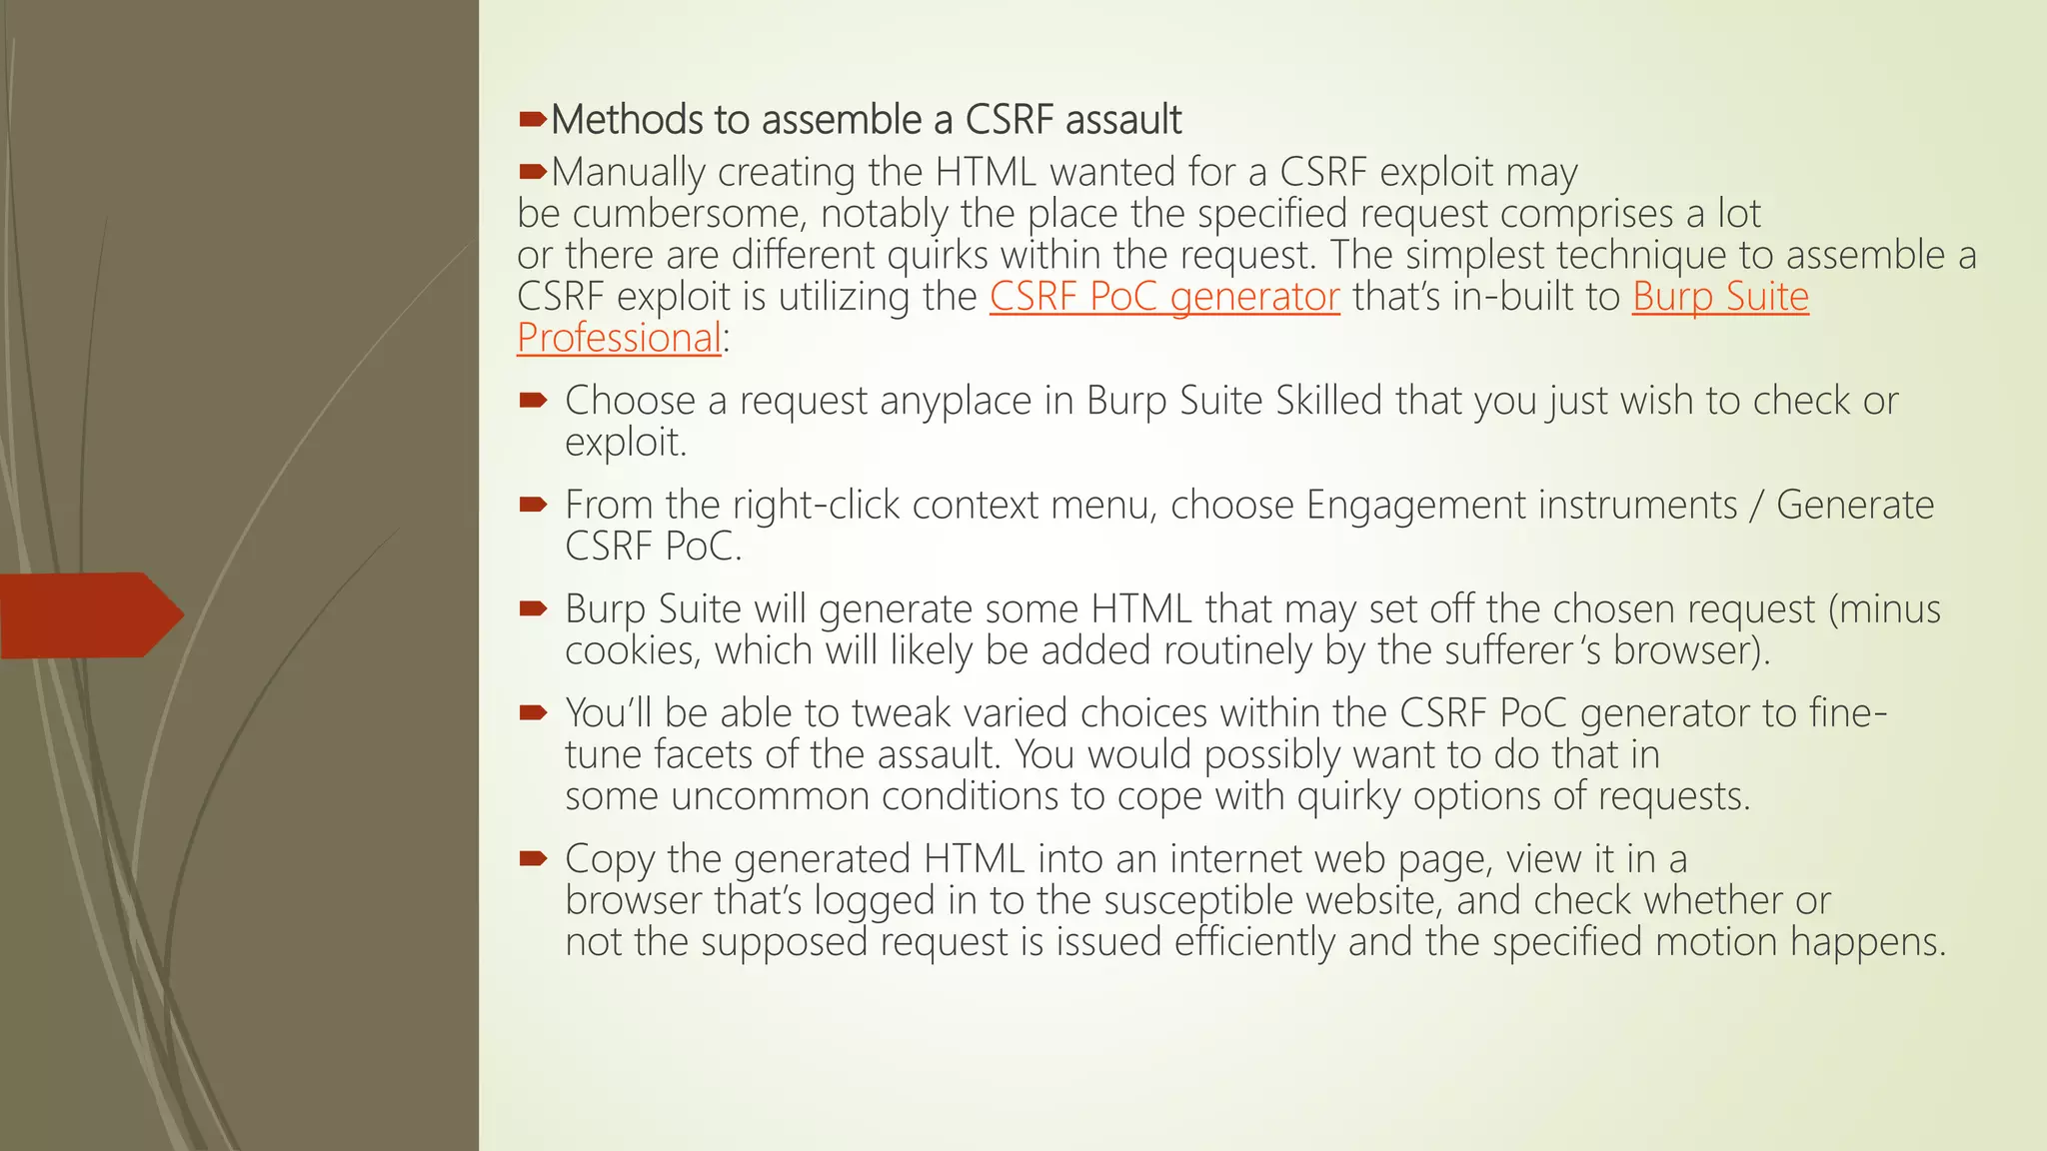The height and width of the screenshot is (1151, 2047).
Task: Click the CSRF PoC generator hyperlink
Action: coord(1164,297)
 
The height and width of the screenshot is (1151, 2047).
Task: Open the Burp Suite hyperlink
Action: coord(1720,297)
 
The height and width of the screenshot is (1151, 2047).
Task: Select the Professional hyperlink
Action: coord(619,339)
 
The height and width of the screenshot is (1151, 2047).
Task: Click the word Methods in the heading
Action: coord(627,120)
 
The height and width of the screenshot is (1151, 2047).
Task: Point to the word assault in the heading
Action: coord(1123,120)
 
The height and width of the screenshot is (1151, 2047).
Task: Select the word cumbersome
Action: coord(689,214)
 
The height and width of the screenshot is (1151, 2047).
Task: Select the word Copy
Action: coord(609,859)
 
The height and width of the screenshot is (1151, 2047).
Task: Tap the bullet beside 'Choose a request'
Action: coord(533,401)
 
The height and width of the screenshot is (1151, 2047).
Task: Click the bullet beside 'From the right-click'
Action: coord(533,505)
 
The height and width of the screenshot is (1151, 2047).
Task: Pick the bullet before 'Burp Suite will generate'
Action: coord(533,608)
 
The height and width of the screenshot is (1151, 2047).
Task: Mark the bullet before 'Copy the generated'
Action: coord(533,858)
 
